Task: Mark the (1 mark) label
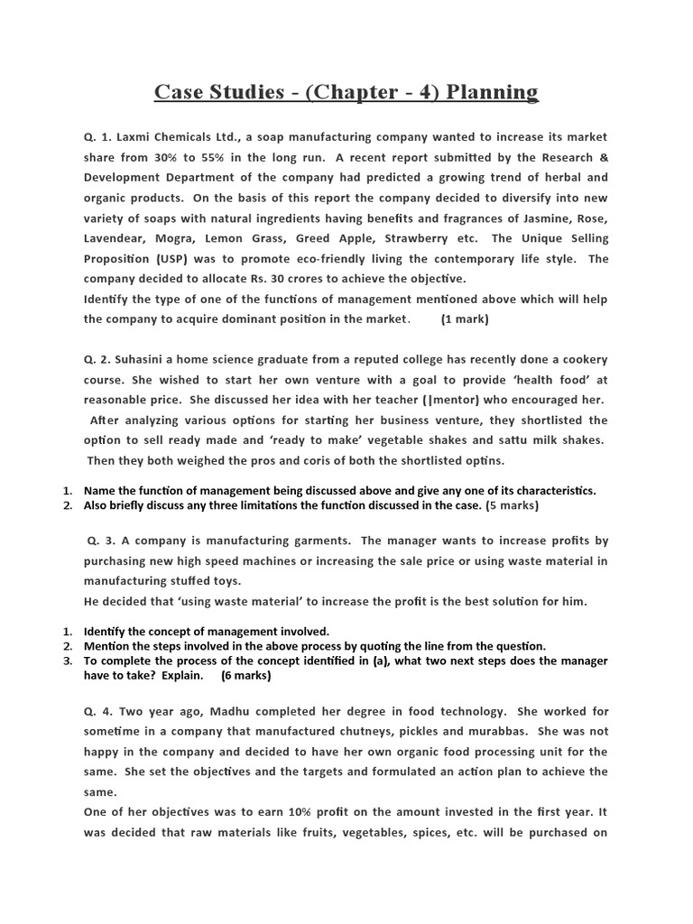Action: click(x=466, y=319)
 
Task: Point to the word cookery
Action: click(x=578, y=359)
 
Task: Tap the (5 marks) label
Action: click(x=513, y=505)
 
